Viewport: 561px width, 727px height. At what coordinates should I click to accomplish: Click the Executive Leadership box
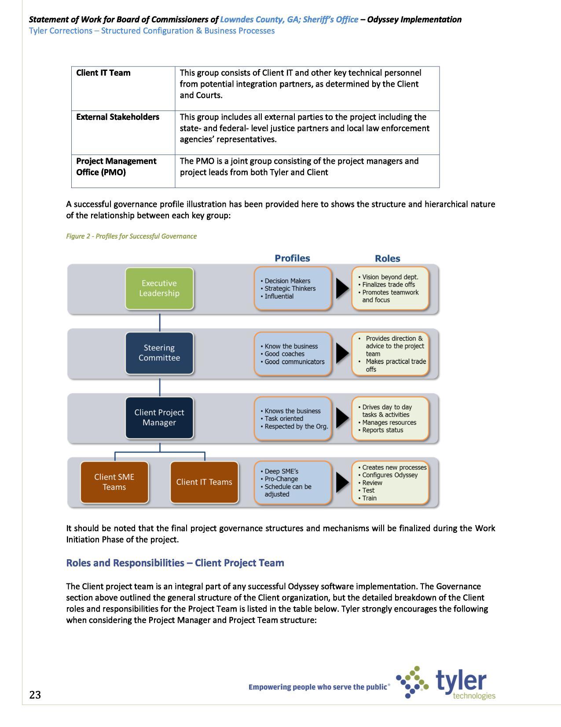[159, 288]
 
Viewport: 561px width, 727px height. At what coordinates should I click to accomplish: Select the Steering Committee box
[159, 353]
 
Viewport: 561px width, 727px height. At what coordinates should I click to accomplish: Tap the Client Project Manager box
[159, 417]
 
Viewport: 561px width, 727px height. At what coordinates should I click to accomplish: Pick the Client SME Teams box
[114, 482]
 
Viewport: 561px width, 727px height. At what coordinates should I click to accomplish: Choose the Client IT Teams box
[204, 482]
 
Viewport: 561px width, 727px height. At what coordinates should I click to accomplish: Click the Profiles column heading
[292, 258]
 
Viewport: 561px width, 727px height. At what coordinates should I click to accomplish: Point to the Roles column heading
[387, 258]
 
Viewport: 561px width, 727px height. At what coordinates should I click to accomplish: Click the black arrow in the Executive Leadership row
[342, 288]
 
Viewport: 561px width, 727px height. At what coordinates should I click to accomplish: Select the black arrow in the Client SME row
[342, 482]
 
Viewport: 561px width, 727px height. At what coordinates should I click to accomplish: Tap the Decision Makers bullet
[287, 281]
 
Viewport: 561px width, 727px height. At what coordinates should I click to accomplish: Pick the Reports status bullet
[382, 430]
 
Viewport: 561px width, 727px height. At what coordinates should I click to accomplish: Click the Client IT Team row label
[103, 73]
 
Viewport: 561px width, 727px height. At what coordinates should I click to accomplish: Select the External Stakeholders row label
[117, 117]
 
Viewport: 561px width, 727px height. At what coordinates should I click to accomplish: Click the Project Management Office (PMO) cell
[116, 166]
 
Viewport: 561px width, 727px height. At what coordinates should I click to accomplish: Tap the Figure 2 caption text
[131, 236]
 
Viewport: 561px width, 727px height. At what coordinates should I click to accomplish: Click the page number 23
[35, 695]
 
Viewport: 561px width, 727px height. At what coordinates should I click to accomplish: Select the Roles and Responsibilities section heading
[175, 563]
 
